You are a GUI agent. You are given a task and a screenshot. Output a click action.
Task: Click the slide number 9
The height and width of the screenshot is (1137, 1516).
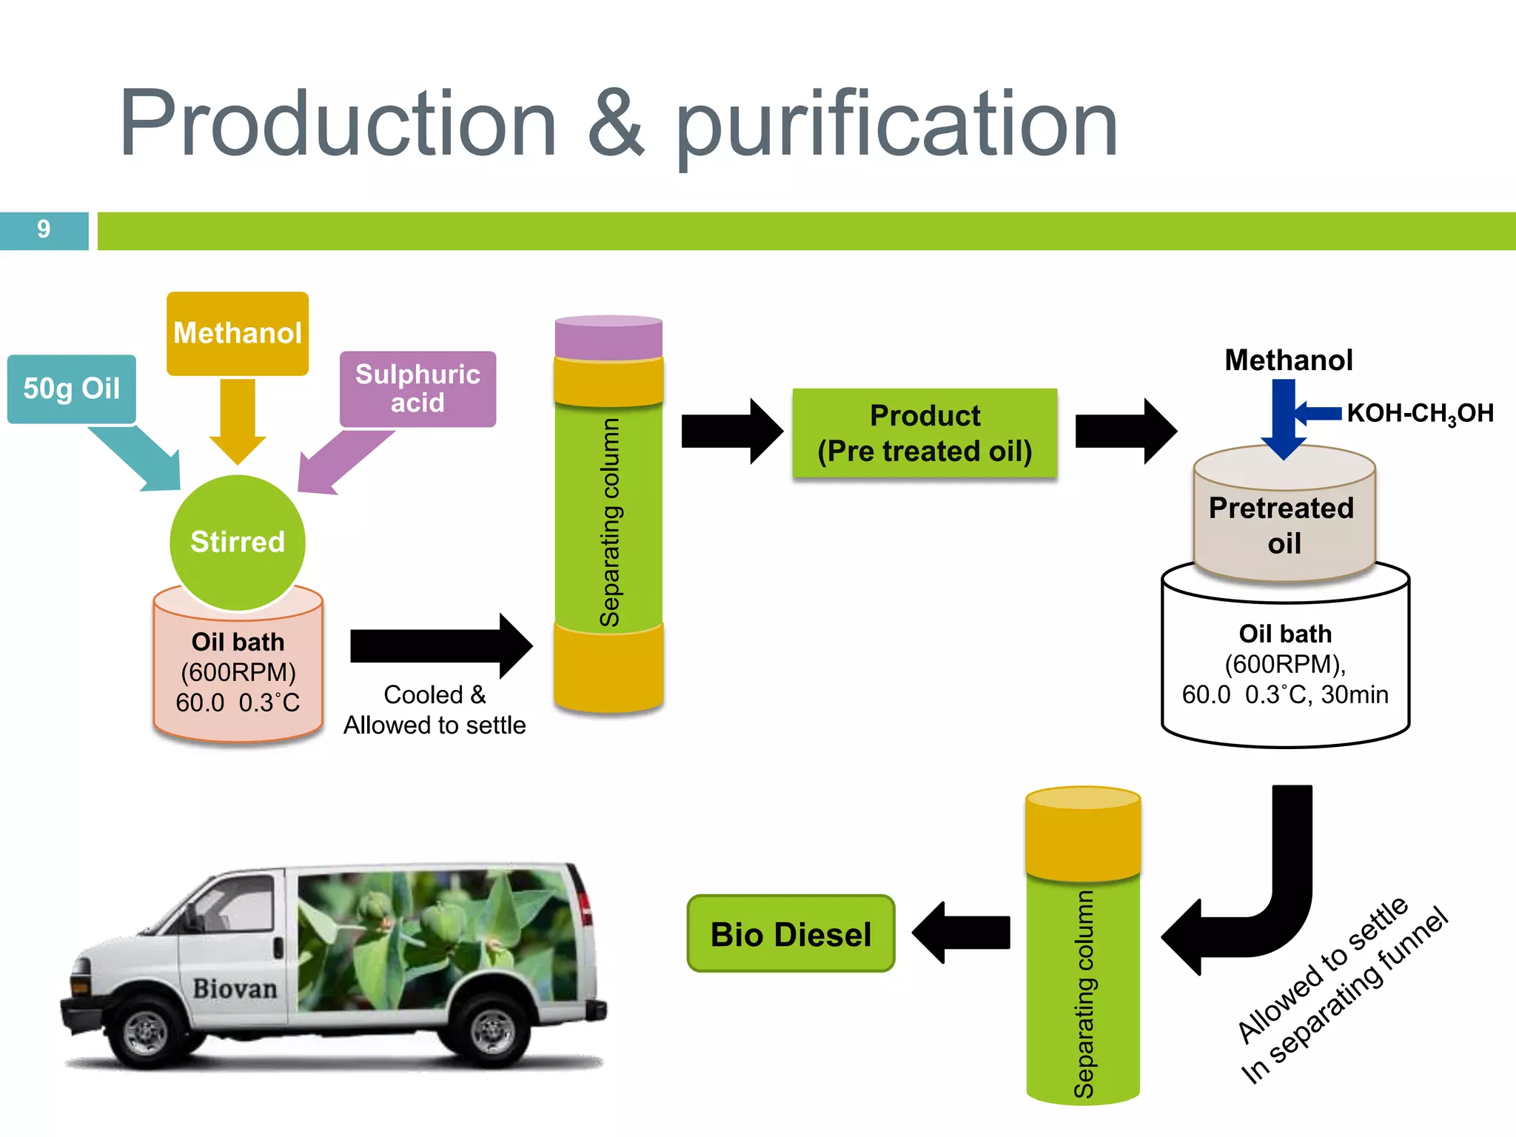click(44, 229)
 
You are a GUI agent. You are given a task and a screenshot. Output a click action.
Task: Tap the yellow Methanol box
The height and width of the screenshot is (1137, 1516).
click(237, 333)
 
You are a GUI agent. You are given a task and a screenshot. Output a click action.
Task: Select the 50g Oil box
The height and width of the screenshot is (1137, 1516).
click(72, 389)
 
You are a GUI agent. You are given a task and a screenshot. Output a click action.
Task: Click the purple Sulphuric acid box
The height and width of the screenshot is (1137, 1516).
click(417, 389)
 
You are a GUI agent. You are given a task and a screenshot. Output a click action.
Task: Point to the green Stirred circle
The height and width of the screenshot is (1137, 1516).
click(238, 542)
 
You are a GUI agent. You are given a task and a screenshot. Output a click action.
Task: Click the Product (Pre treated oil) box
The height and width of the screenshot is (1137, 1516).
click(925, 434)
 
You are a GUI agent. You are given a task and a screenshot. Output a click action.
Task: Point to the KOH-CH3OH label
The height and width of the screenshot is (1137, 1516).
click(1420, 413)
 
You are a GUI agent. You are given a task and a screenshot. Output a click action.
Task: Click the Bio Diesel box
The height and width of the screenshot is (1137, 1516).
click(791, 934)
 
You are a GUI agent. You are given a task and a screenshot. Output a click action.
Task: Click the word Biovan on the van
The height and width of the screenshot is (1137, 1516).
click(235, 988)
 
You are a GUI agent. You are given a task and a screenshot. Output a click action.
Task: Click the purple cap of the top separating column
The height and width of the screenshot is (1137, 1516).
click(608, 337)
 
